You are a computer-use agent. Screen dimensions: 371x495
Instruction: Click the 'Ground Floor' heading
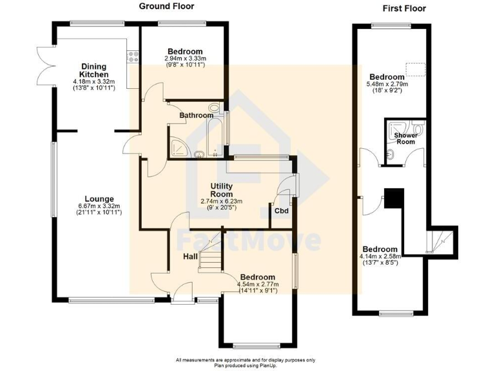click(168, 7)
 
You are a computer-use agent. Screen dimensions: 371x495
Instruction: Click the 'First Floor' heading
click(405, 8)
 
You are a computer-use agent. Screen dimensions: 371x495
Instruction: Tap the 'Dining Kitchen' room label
click(93, 70)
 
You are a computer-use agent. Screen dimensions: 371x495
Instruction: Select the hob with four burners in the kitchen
click(133, 57)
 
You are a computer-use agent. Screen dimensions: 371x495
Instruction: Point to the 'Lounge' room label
click(99, 198)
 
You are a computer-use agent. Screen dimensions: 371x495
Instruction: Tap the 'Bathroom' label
click(196, 115)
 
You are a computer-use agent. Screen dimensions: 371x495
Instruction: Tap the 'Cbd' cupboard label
click(281, 211)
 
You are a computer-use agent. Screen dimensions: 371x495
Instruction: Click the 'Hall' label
click(190, 256)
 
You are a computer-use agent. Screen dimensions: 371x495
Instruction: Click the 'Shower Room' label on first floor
click(405, 138)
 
